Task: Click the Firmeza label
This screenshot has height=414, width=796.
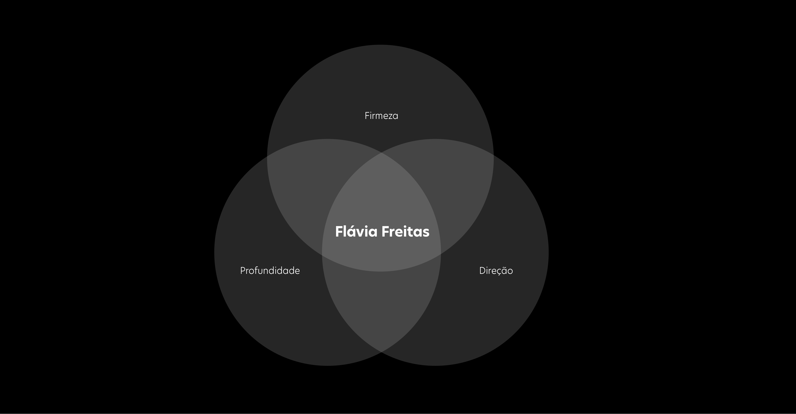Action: [x=381, y=116]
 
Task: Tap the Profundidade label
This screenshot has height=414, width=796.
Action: [x=270, y=271]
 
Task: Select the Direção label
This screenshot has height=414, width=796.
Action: [x=496, y=271]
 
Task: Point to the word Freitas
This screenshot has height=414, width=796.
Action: [x=405, y=232]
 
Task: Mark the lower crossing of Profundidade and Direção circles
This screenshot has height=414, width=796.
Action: [x=381, y=352]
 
